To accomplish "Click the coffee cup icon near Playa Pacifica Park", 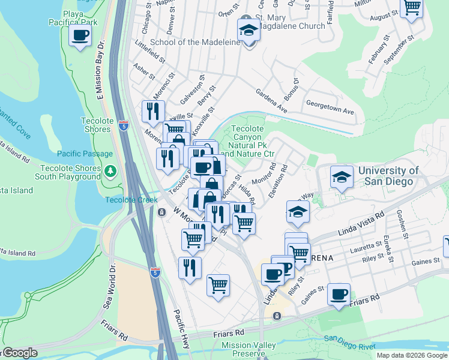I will pyautogui.click(x=79, y=35).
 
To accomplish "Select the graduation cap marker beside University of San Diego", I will pyautogui.click(x=342, y=176).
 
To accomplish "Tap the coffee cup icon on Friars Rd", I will pyautogui.click(x=339, y=294).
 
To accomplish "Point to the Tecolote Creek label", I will pyautogui.click(x=131, y=200).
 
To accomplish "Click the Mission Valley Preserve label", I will pyautogui.click(x=249, y=349).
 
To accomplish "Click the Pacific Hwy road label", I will pyautogui.click(x=182, y=326).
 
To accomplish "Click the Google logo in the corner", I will pyautogui.click(x=19, y=353).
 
